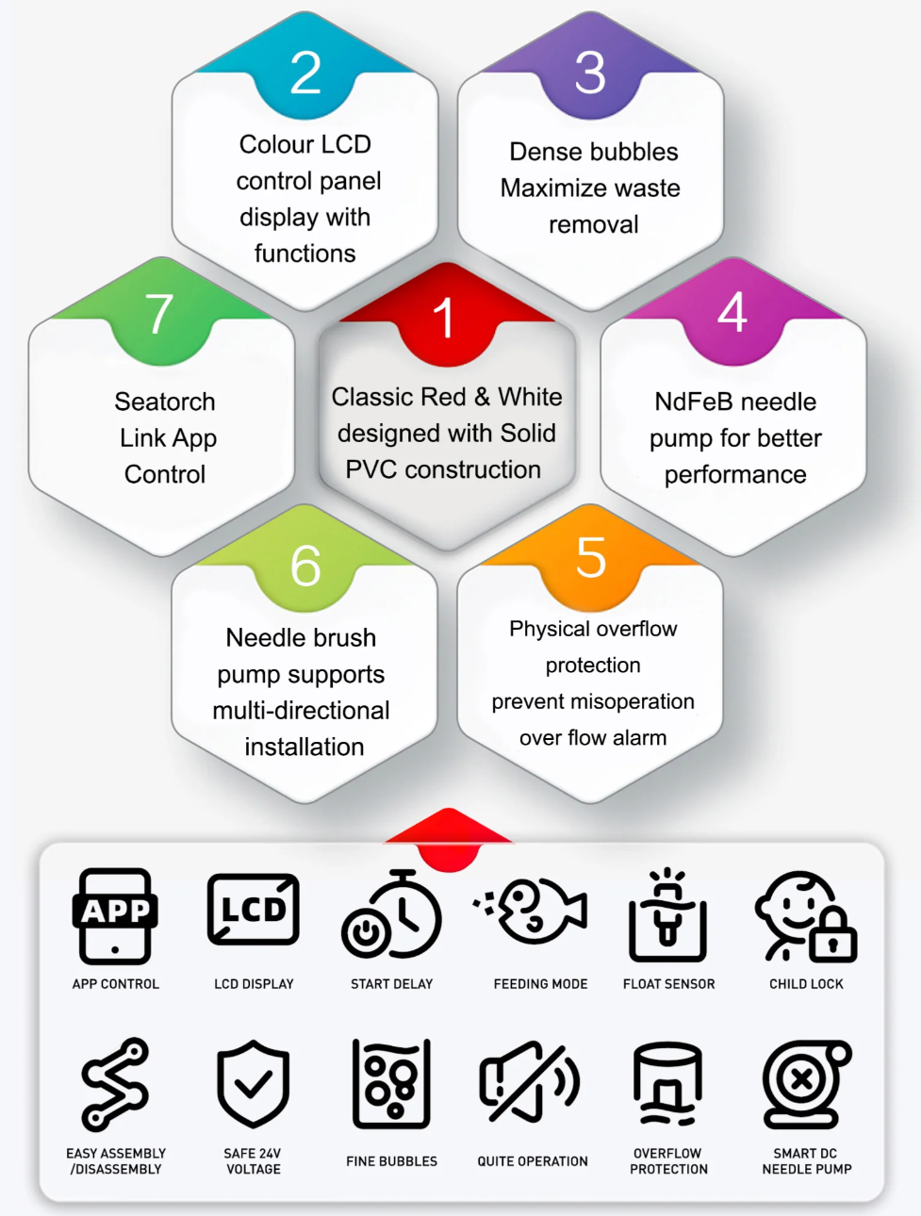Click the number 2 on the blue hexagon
point(305,74)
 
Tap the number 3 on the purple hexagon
point(590,74)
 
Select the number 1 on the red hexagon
point(443,319)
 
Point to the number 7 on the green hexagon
point(159,315)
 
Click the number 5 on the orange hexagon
point(591,558)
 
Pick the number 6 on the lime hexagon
point(305,567)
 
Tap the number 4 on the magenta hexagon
point(732,312)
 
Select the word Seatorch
point(165,402)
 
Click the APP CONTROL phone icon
point(115,916)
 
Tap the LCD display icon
point(254,910)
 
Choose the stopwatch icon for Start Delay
point(392,915)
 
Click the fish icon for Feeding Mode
point(533,912)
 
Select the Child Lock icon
point(806,916)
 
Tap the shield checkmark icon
point(253,1084)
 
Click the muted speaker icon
point(529,1082)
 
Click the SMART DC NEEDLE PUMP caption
point(807,1161)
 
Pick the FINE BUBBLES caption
point(391,1161)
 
